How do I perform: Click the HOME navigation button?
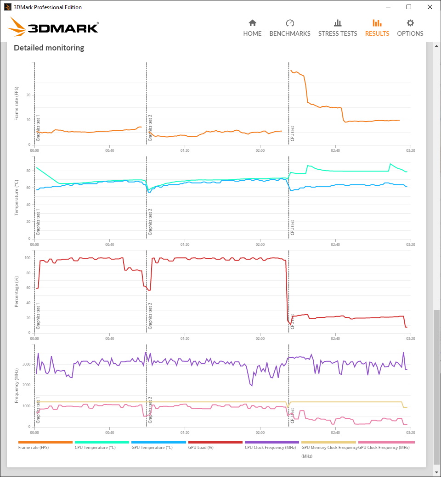(252, 28)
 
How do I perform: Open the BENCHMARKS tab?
(290, 28)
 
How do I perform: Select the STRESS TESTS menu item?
(338, 28)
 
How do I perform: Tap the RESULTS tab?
(377, 28)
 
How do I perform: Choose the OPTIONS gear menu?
(410, 28)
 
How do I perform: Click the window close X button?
(430, 7)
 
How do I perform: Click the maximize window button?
(409, 7)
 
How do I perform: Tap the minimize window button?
(388, 7)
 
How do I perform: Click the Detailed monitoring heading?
(49, 48)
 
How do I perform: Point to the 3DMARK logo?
(53, 27)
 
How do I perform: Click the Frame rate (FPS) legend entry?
(34, 448)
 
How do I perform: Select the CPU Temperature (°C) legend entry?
(95, 448)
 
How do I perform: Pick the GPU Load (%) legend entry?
(201, 448)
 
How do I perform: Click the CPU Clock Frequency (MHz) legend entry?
(270, 448)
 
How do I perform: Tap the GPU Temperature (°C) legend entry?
(152, 448)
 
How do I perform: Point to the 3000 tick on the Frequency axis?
(27, 364)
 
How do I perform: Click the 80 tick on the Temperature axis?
(28, 171)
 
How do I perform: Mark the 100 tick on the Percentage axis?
(28, 258)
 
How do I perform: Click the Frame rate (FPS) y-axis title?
(17, 104)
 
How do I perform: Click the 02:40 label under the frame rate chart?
(335, 150)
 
